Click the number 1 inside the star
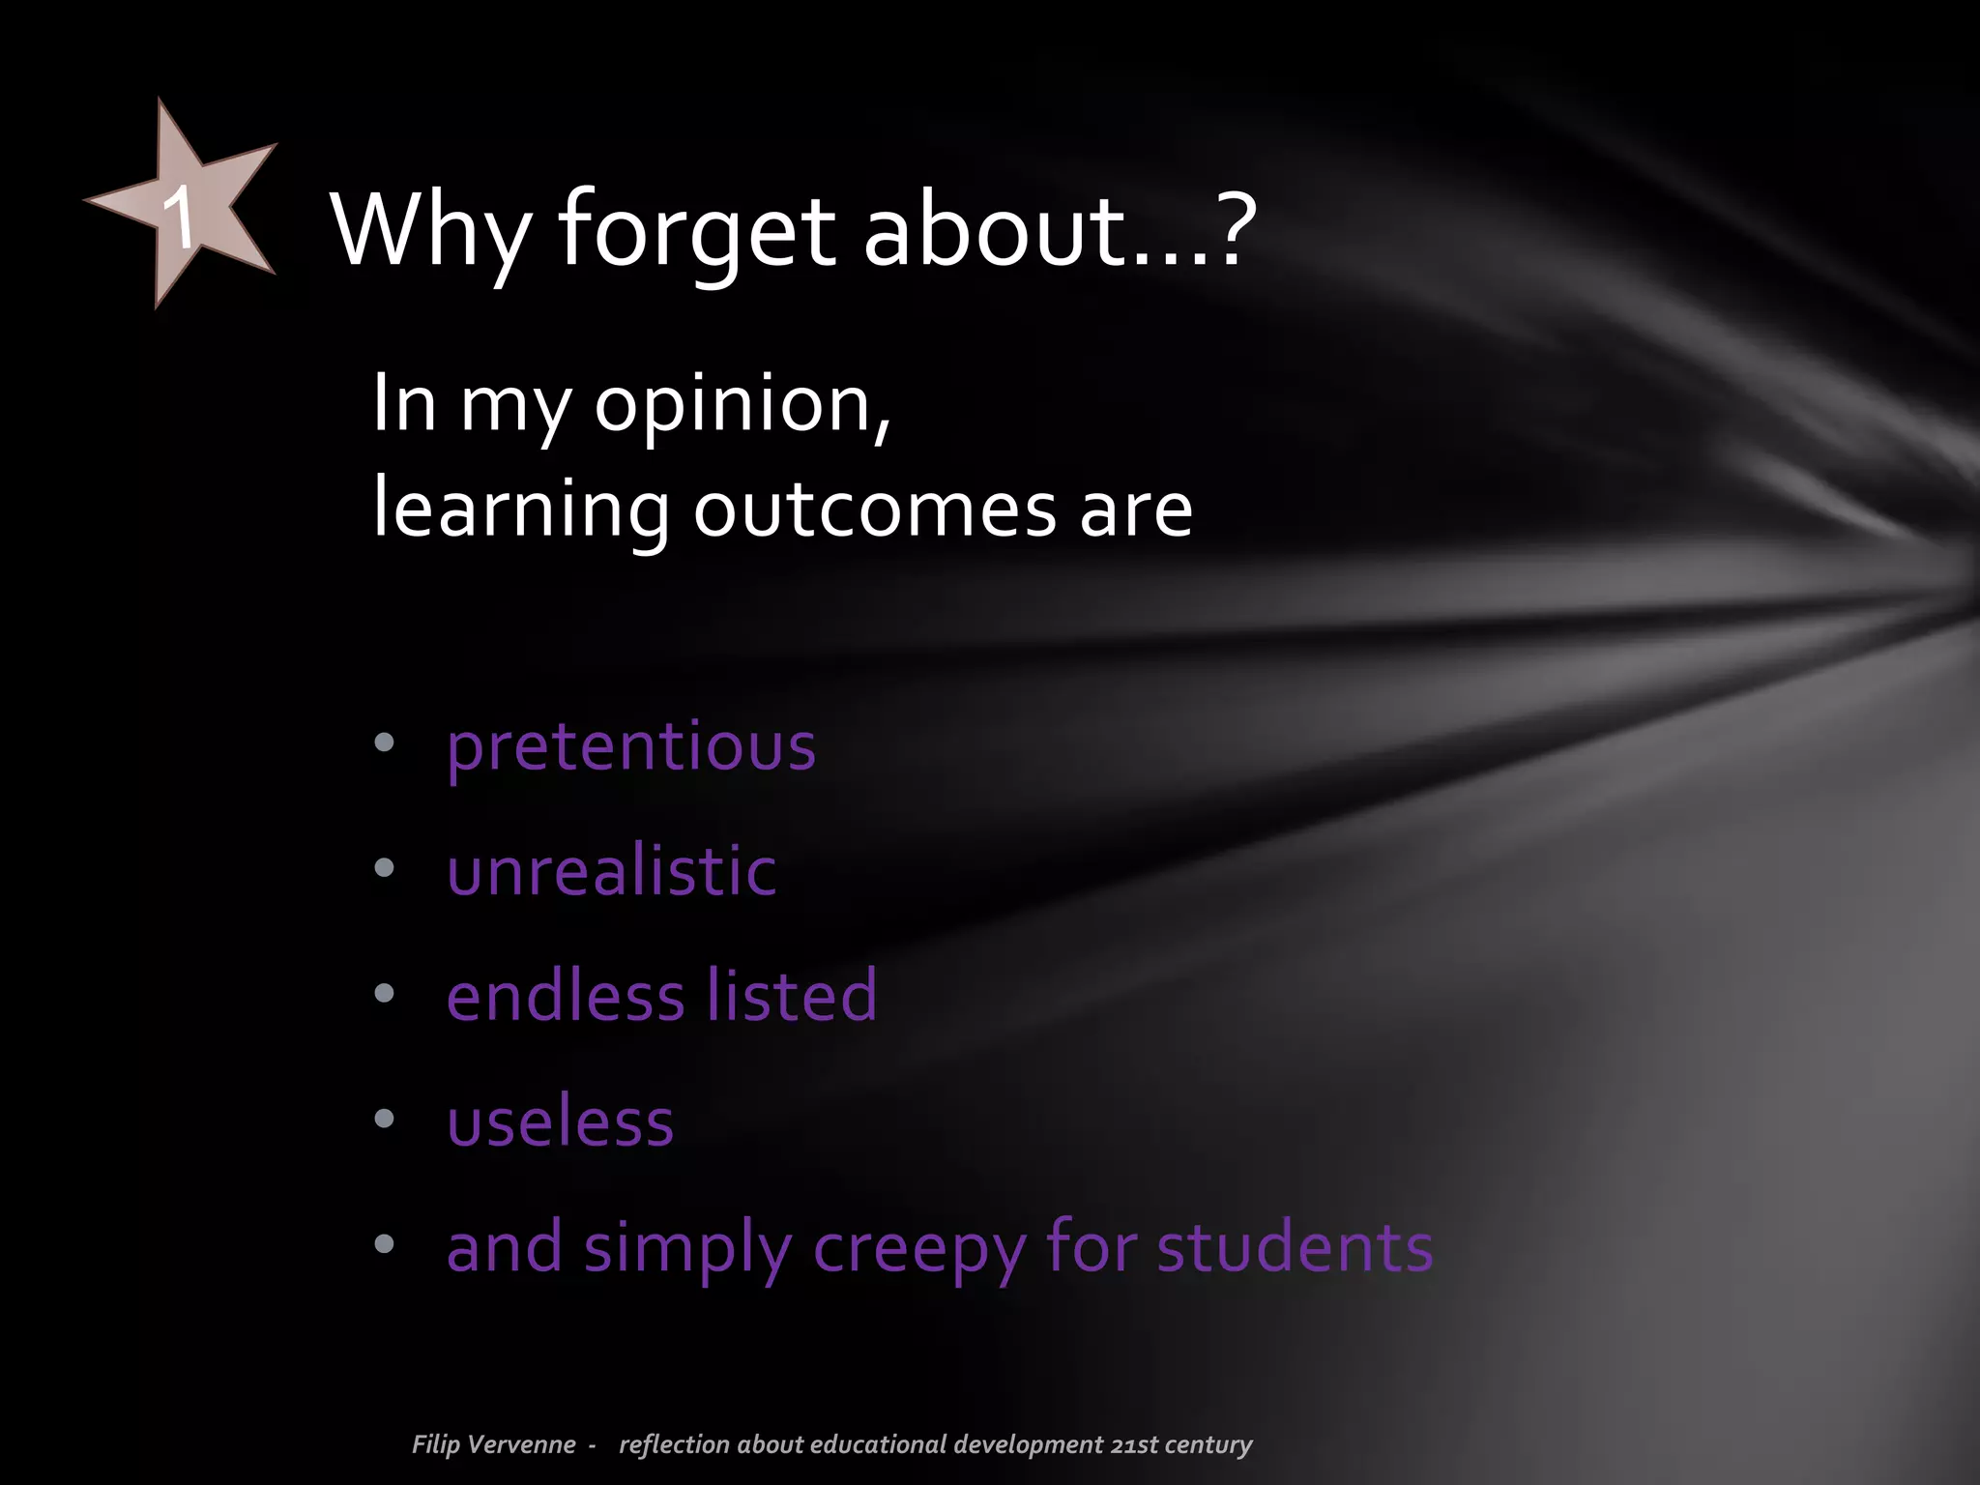(x=180, y=218)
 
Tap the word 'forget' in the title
(x=696, y=232)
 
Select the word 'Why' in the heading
(x=431, y=232)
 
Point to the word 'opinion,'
(x=742, y=404)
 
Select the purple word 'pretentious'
(x=630, y=747)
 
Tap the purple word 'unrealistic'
(x=611, y=871)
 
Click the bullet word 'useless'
(x=560, y=1122)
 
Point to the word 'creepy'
(x=919, y=1249)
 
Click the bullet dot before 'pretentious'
(x=385, y=742)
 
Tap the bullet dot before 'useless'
(x=385, y=1119)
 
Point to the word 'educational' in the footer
(x=879, y=1444)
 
